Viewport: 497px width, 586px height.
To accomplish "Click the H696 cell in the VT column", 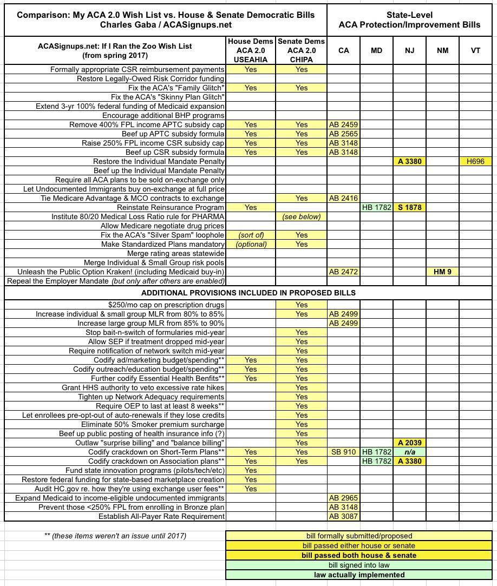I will (x=475, y=161).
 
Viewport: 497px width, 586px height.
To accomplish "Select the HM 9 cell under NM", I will (x=442, y=272).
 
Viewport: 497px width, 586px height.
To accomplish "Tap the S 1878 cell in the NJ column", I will (x=410, y=207).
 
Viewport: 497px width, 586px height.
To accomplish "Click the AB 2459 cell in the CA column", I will (x=343, y=124).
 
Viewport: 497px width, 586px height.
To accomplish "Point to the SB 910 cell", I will (x=343, y=452).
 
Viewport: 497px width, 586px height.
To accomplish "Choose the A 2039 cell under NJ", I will (x=410, y=443).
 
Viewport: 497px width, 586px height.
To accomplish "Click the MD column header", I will (x=376, y=50).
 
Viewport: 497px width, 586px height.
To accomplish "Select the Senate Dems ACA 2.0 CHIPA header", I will (x=302, y=50).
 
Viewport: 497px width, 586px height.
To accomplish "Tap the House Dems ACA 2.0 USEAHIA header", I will (x=251, y=50).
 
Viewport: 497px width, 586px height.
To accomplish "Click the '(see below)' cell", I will (x=302, y=216).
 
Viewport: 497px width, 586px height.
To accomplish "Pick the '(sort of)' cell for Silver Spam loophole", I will (x=251, y=235).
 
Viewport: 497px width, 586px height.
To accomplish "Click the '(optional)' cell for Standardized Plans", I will (x=251, y=244).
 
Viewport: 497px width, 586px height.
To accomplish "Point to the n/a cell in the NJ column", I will (x=410, y=452).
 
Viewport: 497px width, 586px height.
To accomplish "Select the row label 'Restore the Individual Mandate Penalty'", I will (x=159, y=161).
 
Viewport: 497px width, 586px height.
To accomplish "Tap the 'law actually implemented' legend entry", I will (x=359, y=575).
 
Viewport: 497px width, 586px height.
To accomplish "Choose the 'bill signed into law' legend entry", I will (x=359, y=565).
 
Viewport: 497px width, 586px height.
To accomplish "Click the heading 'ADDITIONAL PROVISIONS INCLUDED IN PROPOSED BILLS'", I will (x=248, y=293).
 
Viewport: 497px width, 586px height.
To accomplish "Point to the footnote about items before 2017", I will (x=115, y=536).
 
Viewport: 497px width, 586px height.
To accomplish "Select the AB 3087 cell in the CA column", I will (x=343, y=516).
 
